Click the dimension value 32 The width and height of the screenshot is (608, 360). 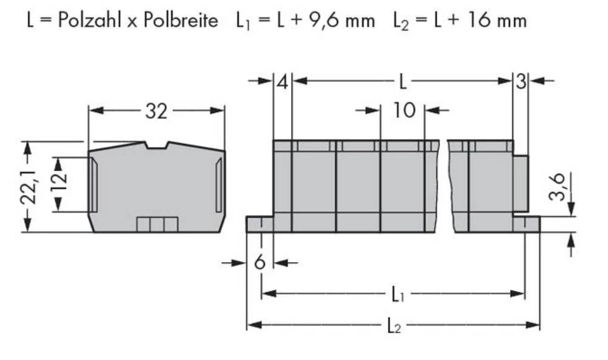pos(156,111)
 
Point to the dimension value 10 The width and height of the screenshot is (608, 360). pos(403,111)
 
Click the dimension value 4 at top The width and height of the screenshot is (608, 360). pos(282,81)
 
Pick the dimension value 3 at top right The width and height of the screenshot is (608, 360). pos(520,81)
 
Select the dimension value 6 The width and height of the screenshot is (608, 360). pos(260,263)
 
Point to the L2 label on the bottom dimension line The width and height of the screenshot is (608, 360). pos(394,326)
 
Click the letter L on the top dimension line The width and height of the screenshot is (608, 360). pos(402,81)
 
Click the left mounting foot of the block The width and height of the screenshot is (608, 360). pos(259,224)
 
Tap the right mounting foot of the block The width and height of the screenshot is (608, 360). pos(526,224)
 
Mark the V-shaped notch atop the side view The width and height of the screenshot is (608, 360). pos(156,145)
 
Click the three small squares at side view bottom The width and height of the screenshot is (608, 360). pos(157,224)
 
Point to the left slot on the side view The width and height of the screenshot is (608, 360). pos(92,184)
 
